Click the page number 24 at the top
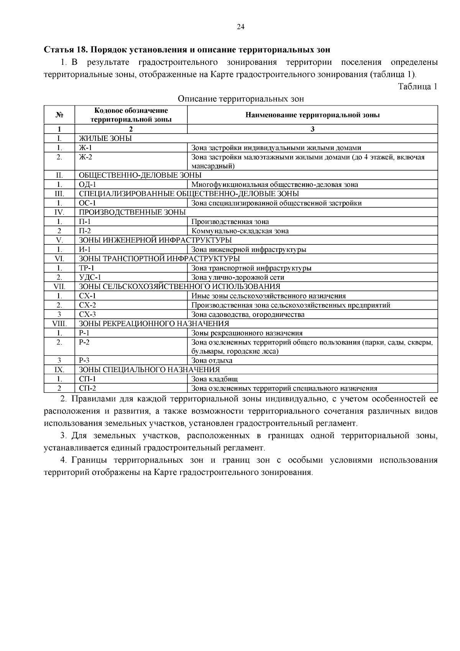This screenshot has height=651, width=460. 241,26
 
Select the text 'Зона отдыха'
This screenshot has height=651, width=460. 212,361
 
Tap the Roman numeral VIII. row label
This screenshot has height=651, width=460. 59,324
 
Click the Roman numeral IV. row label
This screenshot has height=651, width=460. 59,212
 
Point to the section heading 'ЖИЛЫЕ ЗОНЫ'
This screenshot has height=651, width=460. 105,138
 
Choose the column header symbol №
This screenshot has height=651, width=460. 59,115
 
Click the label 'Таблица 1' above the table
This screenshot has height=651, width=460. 417,87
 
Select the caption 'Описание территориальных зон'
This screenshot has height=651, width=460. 241,99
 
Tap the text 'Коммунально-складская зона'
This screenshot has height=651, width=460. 240,231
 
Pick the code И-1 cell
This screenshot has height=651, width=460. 85,249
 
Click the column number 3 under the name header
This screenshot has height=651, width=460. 312,129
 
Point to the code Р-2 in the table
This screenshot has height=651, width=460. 84,342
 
